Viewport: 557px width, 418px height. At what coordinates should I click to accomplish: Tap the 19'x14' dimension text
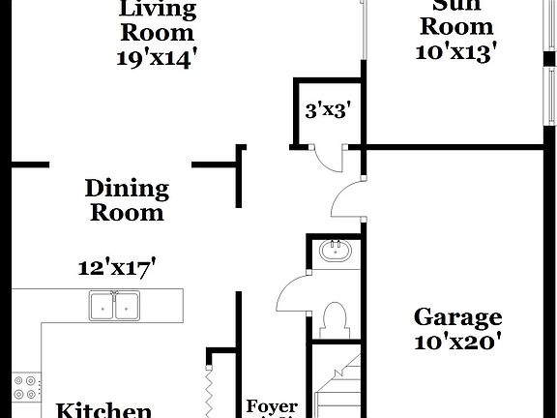[157, 56]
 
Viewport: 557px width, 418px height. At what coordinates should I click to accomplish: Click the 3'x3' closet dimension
[327, 110]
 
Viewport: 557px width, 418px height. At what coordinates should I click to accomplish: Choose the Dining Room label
[127, 200]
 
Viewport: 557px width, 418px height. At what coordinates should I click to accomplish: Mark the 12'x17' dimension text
[117, 266]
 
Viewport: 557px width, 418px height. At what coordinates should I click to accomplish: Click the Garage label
[457, 316]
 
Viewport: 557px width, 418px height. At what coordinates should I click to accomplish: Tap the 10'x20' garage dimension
[457, 341]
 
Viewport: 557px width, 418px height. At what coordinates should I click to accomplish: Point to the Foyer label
[272, 406]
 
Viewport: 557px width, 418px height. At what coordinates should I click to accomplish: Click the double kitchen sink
[114, 306]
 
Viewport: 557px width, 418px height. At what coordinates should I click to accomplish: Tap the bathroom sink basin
[337, 253]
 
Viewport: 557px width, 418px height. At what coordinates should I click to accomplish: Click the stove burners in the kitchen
[26, 386]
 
